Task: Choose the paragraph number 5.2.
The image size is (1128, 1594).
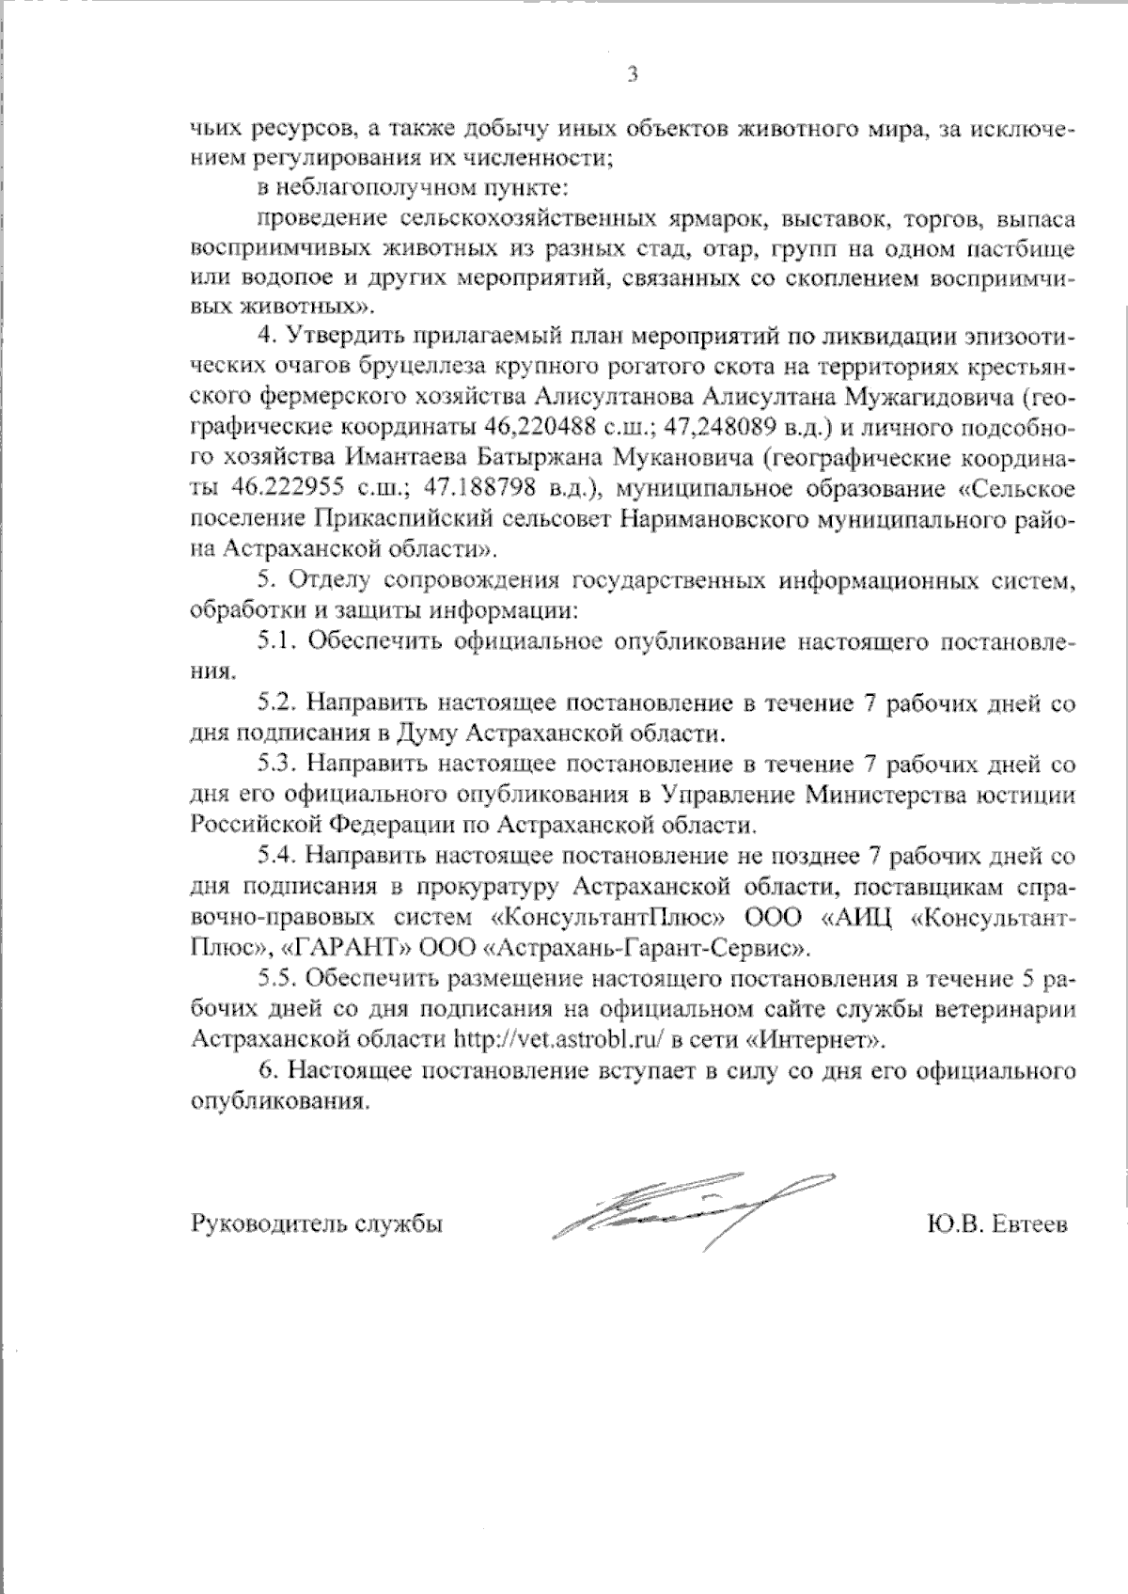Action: pyautogui.click(x=277, y=703)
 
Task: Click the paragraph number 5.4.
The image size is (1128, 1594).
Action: pyautogui.click(x=277, y=856)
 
